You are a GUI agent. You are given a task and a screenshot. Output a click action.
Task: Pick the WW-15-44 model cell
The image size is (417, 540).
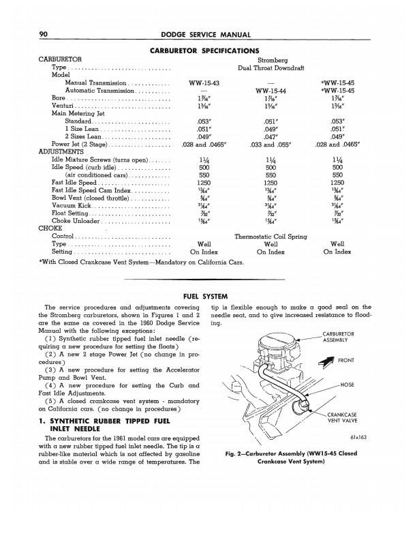[271, 90]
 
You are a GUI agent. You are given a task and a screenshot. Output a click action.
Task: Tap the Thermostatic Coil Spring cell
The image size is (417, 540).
[270, 237]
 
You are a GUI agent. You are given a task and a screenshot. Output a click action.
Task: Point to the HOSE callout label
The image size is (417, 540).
[364, 385]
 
